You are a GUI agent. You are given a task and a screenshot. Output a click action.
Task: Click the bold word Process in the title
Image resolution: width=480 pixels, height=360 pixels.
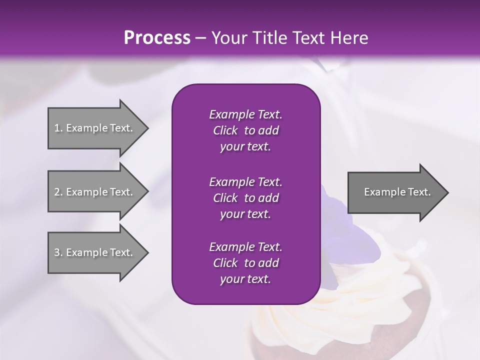click(157, 38)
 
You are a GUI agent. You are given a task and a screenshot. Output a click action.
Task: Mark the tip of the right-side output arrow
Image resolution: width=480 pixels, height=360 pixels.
click(447, 192)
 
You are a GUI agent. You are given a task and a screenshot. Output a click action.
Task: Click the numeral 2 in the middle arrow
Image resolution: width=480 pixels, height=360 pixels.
click(57, 192)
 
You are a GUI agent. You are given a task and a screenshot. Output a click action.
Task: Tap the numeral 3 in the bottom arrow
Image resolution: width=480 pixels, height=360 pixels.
click(57, 252)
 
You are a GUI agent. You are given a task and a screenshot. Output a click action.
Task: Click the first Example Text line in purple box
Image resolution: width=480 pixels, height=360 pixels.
click(245, 114)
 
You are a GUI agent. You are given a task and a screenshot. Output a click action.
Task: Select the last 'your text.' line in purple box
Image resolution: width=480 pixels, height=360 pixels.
click(245, 279)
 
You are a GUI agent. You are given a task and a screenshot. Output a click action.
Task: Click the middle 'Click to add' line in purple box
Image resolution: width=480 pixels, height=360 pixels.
click(245, 198)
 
